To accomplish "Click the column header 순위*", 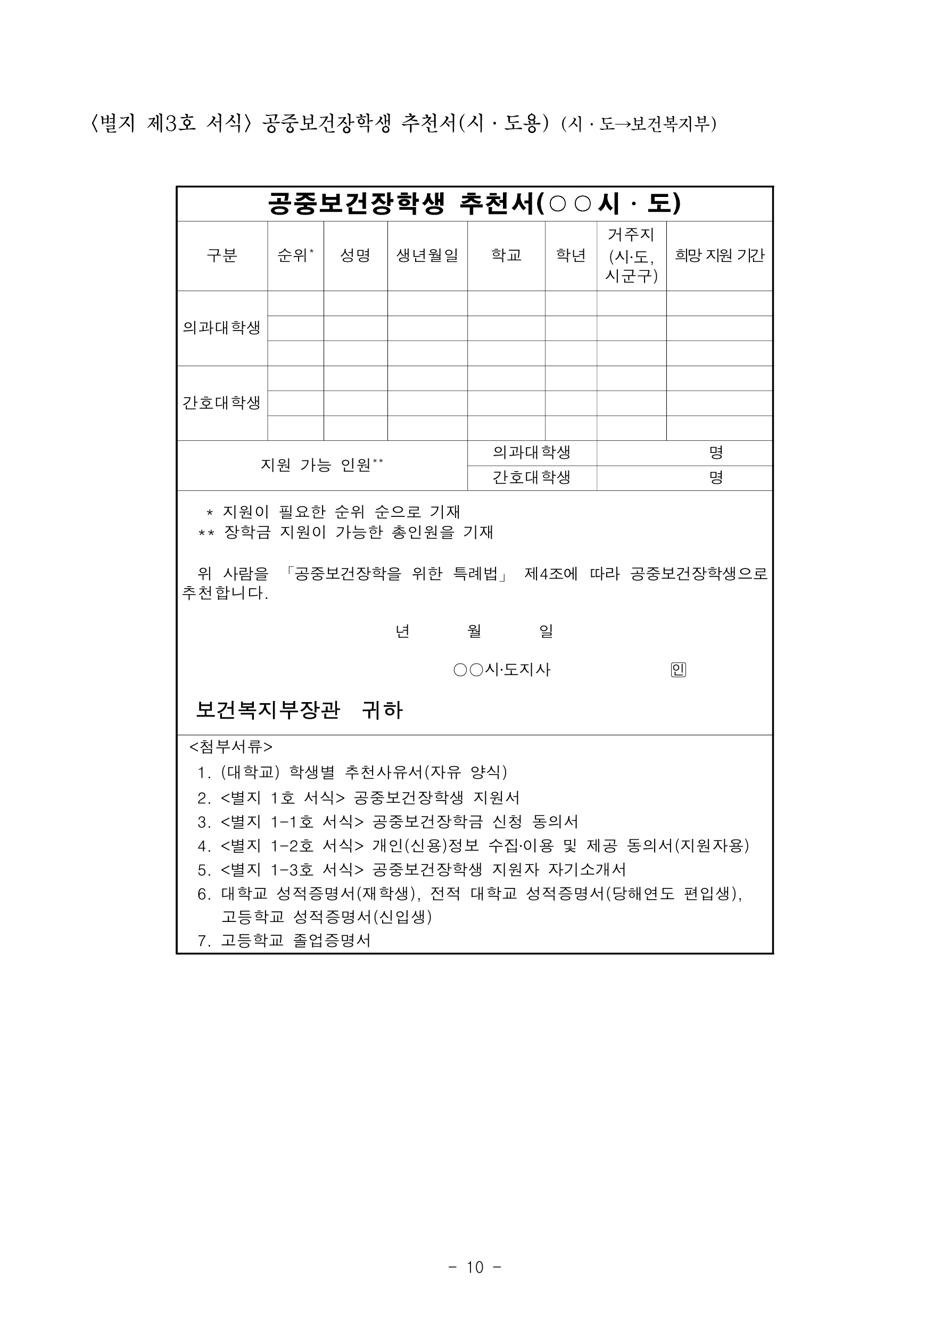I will [x=295, y=256].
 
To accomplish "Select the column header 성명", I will [x=355, y=256].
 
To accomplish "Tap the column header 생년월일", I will [x=427, y=256].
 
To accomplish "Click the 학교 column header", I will [x=506, y=256].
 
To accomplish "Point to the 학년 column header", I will [x=571, y=256].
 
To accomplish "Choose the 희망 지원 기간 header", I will [x=719, y=256].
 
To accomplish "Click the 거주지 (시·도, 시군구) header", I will [x=631, y=256].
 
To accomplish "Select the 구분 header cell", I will [x=222, y=256].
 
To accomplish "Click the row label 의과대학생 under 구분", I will [x=222, y=327].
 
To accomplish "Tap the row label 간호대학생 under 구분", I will [x=222, y=403].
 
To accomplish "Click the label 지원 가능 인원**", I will [x=322, y=465].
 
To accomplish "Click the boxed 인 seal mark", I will [x=678, y=670].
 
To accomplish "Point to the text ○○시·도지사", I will [x=502, y=670].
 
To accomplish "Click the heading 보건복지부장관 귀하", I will [x=299, y=710].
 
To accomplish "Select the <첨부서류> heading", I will [x=230, y=747].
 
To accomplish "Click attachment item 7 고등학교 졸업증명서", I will [x=284, y=941].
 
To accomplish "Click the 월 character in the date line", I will [x=474, y=631].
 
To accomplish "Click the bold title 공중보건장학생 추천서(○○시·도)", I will [x=474, y=203].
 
